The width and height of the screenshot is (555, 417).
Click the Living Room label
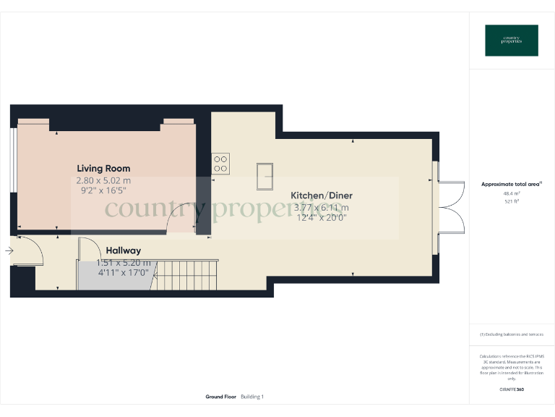pyautogui.click(x=103, y=168)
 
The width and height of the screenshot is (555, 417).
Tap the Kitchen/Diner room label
pyautogui.click(x=322, y=195)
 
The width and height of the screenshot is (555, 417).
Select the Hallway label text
pyautogui.click(x=124, y=250)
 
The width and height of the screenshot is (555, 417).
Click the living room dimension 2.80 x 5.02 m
pyautogui.click(x=103, y=180)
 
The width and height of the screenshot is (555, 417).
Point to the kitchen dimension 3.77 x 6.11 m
pyautogui.click(x=322, y=206)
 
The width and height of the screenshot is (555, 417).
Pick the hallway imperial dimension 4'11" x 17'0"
pyautogui.click(x=124, y=273)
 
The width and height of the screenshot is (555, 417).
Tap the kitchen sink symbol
pyautogui.click(x=264, y=176)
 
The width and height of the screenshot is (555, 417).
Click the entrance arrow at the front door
pyautogui.click(x=8, y=251)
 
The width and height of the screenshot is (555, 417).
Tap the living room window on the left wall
pyautogui.click(x=13, y=161)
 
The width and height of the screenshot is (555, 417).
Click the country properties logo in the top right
pyautogui.click(x=512, y=41)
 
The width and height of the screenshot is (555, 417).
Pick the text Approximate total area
pyautogui.click(x=510, y=185)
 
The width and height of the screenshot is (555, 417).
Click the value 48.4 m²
pyautogui.click(x=512, y=193)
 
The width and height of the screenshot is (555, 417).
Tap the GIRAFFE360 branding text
pyautogui.click(x=512, y=389)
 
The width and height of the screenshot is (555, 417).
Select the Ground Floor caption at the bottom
pyautogui.click(x=221, y=397)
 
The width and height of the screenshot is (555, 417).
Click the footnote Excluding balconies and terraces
pyautogui.click(x=512, y=334)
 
